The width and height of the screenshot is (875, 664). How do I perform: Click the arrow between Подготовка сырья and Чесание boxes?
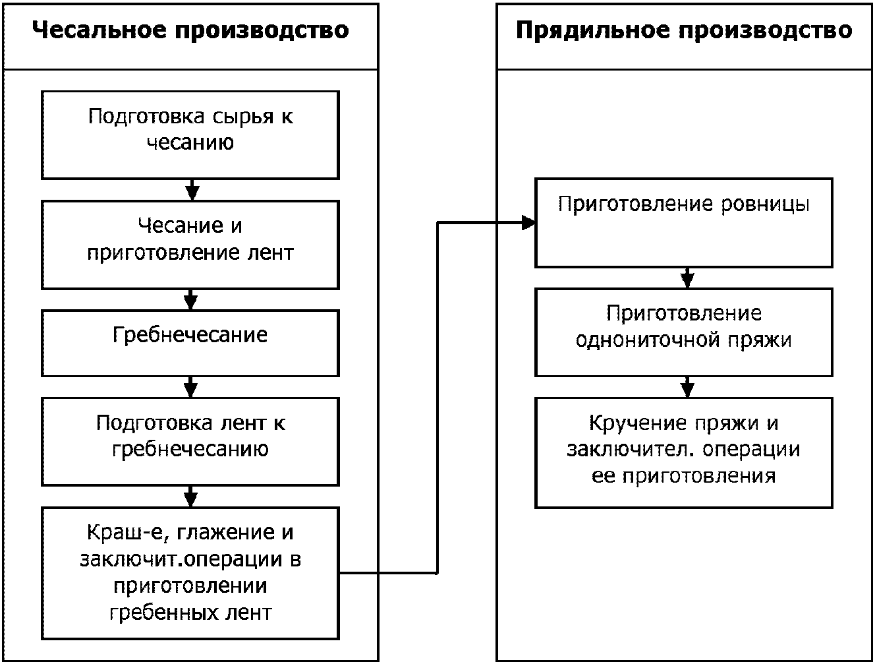click(x=192, y=190)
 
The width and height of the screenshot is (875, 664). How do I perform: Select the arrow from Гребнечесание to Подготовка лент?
click(x=190, y=387)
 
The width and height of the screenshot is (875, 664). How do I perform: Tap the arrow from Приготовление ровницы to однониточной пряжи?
click(x=687, y=278)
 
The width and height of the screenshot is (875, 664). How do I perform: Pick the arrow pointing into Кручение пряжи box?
click(x=687, y=387)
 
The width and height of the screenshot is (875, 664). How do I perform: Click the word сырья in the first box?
click(x=242, y=117)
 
